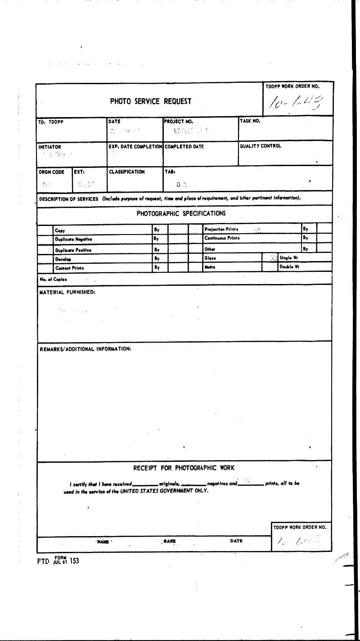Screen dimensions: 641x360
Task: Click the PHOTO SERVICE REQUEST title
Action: [x=151, y=101]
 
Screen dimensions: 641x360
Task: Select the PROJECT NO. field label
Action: [x=179, y=122]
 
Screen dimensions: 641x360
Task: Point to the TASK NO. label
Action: [x=250, y=121]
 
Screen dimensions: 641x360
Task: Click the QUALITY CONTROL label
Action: [x=261, y=146]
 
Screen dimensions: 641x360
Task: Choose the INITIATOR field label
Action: [x=50, y=147]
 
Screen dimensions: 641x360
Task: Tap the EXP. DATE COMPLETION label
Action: [x=135, y=146]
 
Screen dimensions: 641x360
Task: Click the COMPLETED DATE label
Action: [x=184, y=146]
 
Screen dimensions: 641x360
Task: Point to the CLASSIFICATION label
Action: [x=127, y=172]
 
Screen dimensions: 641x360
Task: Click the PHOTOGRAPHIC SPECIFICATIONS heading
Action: [x=181, y=213]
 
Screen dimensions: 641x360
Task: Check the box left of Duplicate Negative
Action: [x=45, y=239]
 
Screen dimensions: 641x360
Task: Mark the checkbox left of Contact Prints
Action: [x=45, y=267]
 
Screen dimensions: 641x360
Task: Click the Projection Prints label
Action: [x=221, y=229]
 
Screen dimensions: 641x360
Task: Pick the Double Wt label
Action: [x=290, y=266]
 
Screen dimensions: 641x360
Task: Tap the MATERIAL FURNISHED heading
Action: [x=67, y=292]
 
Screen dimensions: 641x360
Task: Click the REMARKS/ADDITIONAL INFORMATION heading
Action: [x=85, y=349]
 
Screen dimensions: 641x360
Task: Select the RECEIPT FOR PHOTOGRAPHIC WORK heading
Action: [x=184, y=468]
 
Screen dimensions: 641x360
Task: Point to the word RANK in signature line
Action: [x=170, y=541]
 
